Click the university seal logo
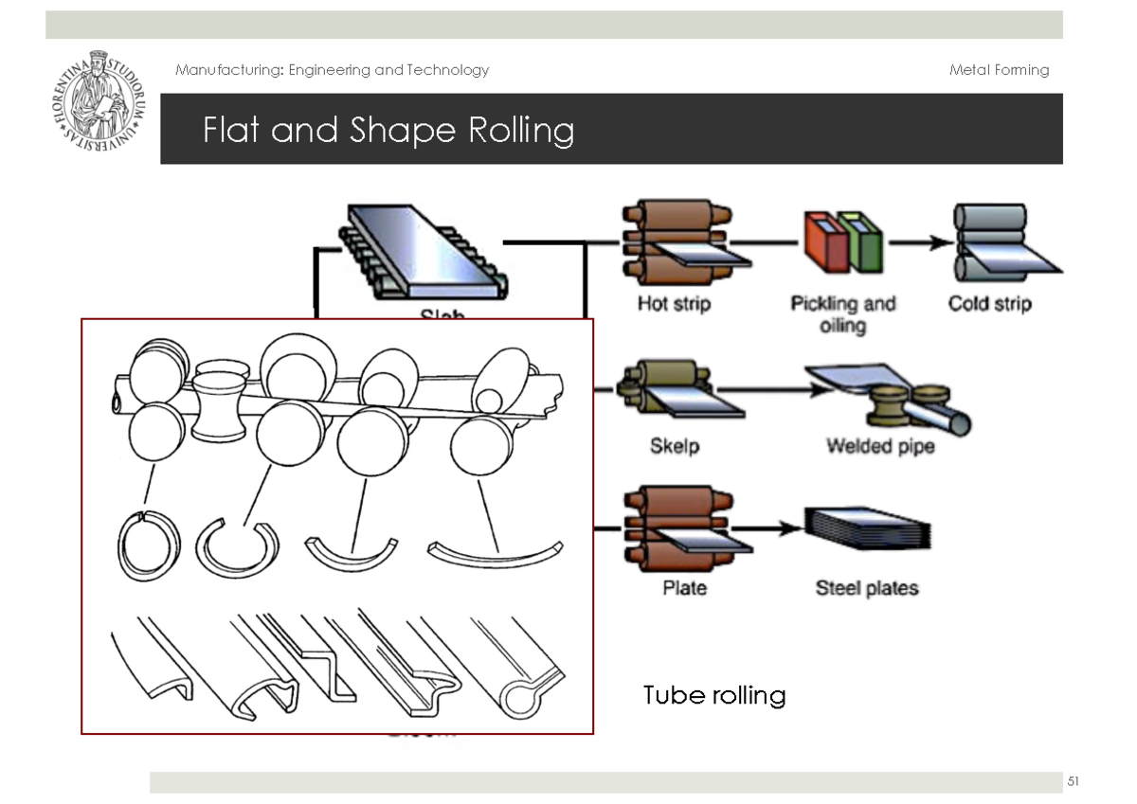(99, 99)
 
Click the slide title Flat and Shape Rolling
(388, 130)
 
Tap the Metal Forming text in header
(999, 70)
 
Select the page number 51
(1073, 781)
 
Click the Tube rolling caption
(714, 696)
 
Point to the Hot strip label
(674, 304)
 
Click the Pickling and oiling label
(842, 313)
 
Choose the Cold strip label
(989, 304)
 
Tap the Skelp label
(675, 445)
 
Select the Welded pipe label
(879, 445)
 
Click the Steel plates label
(867, 588)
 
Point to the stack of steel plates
(867, 533)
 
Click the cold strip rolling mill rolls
(988, 242)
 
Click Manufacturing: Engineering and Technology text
(333, 70)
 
